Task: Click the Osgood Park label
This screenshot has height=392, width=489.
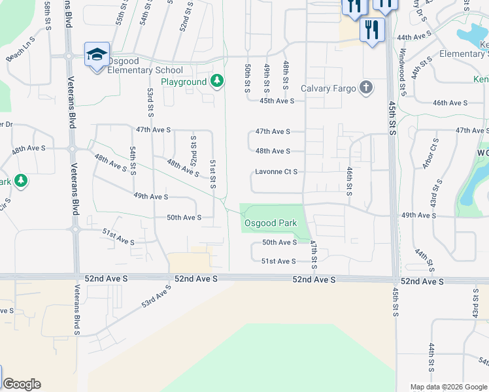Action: tap(271, 223)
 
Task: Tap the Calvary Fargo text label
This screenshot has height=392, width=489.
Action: tap(328, 88)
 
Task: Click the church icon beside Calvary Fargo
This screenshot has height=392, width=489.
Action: tap(367, 88)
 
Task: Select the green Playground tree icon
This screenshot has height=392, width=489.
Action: tap(217, 82)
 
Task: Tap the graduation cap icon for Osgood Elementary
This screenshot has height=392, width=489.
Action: tap(97, 54)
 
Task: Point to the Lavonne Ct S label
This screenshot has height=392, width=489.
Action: tap(276, 172)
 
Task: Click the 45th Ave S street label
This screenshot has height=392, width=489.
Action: tap(277, 101)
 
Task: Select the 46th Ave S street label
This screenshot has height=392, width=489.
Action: tap(450, 103)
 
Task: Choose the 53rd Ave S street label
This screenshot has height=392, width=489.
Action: tap(156, 296)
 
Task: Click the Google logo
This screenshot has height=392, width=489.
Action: tap(22, 384)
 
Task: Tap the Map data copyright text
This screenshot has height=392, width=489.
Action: tap(448, 387)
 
